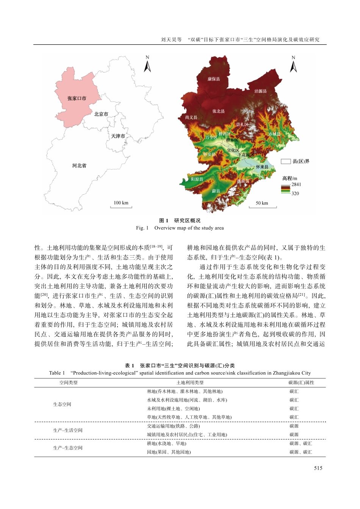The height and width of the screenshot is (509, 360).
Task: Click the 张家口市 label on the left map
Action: coord(77,98)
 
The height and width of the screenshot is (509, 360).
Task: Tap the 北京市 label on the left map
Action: coord(101,114)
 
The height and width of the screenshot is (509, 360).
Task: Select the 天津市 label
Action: coord(118,136)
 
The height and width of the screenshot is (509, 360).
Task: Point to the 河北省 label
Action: coord(79,166)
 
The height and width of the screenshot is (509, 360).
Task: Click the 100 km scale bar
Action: coord(121,205)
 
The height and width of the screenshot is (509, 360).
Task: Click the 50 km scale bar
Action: coord(262,205)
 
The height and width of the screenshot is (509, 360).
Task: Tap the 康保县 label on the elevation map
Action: coord(214,79)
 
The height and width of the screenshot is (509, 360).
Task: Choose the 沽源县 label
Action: coord(260,91)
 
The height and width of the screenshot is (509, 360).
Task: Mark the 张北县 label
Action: coord(218,111)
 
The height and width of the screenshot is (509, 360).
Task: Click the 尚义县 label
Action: coord(191,117)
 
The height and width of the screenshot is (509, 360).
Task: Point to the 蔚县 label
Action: coord(216,191)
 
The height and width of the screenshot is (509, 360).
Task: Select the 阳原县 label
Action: coord(197,179)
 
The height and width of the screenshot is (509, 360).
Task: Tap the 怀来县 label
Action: coord(262,167)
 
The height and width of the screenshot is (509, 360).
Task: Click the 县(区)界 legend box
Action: coord(285,161)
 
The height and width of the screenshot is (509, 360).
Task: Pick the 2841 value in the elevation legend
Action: coord(296,184)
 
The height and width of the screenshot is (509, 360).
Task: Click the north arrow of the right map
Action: coord(293,65)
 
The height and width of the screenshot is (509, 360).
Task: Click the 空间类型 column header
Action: coord(68,383)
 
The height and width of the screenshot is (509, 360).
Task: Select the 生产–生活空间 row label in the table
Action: coord(67,430)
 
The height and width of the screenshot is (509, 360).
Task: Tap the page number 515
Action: coord(318,468)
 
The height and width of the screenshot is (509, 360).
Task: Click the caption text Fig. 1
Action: coord(142,228)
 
